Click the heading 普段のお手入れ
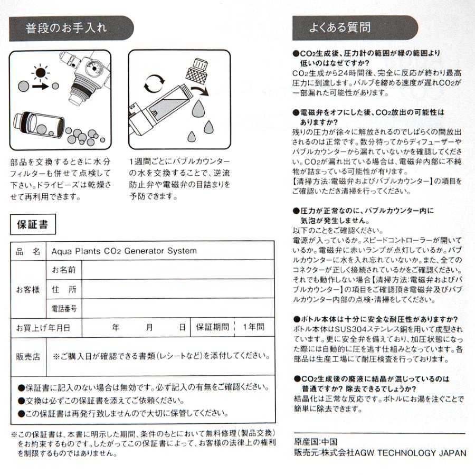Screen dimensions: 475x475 [66, 28]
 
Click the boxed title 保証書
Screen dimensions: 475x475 [32, 225]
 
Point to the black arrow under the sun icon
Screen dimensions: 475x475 [41, 85]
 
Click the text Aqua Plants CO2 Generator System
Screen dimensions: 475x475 [124, 251]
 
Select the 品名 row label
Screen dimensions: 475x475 [28, 251]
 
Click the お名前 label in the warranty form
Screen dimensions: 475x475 [64, 270]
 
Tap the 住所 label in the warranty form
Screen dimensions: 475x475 [64, 289]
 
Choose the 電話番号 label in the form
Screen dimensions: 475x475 [64, 308]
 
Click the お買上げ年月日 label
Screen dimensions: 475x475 [42, 327]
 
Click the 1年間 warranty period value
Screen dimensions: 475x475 [253, 327]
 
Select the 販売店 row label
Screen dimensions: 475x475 [28, 356]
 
